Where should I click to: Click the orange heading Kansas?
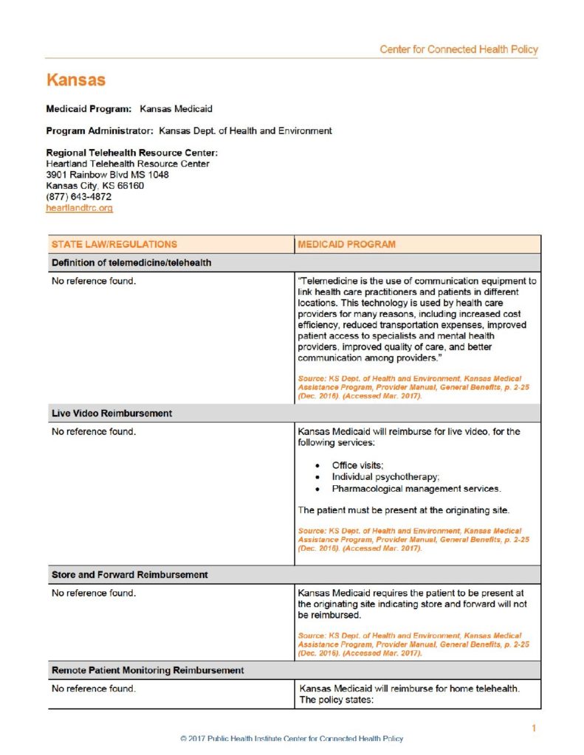tap(75, 80)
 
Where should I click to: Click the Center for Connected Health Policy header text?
tap(458, 49)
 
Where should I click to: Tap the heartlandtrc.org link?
tap(79, 209)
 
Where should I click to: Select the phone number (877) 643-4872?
tap(79, 197)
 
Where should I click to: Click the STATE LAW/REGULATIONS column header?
tap(114, 244)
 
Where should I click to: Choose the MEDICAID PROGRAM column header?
tap(346, 244)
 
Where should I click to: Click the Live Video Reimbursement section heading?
tap(111, 414)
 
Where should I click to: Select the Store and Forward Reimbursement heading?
tap(129, 574)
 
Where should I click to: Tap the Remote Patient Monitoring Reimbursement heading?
tap(147, 670)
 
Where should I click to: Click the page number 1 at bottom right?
tap(534, 728)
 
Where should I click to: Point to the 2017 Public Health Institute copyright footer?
tap(292, 738)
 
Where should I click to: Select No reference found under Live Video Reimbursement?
tap(94, 432)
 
